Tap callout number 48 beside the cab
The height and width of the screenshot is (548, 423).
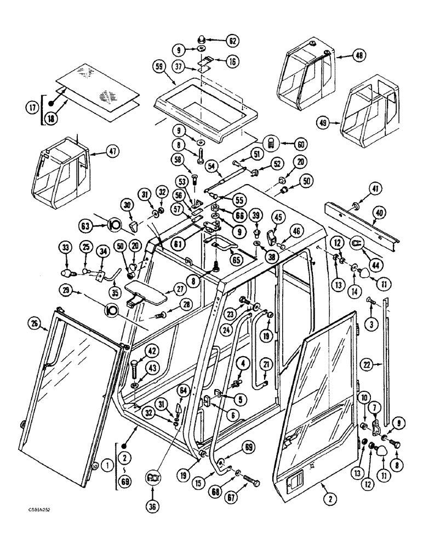(x=344, y=55)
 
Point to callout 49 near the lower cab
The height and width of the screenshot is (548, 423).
(x=324, y=123)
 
